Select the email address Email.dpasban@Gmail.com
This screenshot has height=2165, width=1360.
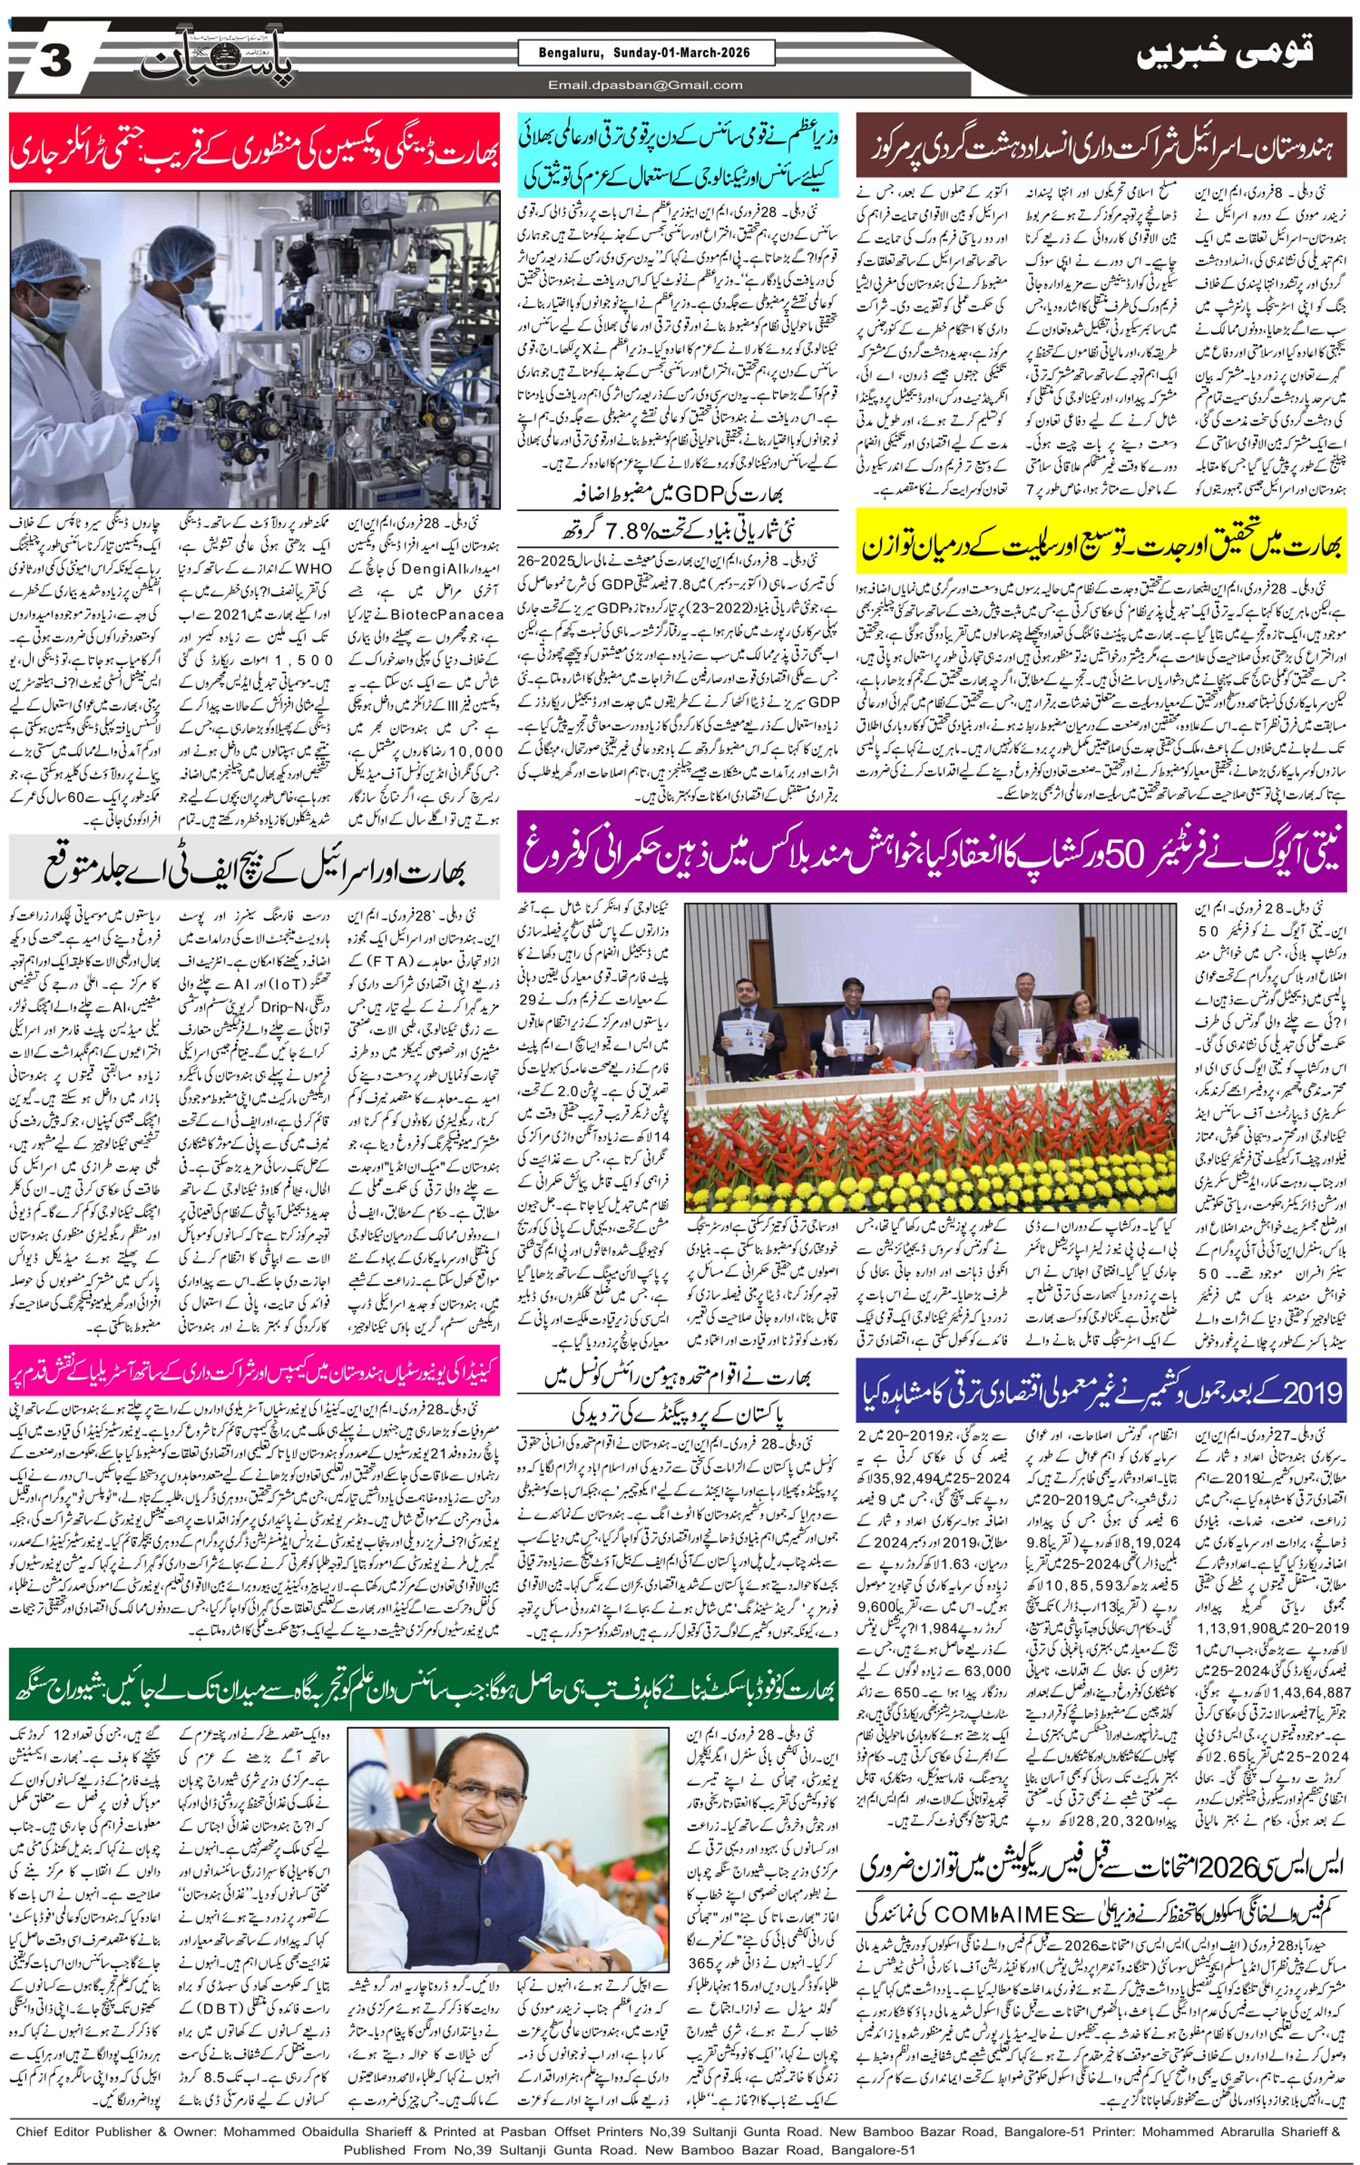pos(646,85)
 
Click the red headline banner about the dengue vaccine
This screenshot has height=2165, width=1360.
pos(255,147)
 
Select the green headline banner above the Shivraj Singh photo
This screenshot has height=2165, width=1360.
pos(422,1672)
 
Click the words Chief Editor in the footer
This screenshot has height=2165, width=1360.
pos(57,2131)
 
